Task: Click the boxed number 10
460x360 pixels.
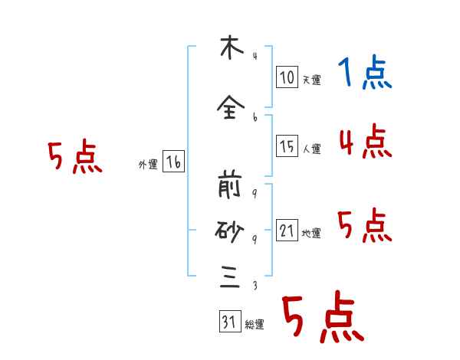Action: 287,77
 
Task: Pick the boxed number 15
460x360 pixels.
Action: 287,147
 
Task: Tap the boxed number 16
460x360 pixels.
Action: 173,162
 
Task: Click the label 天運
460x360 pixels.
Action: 311,79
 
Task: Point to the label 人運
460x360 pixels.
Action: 311,149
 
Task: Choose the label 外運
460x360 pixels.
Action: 148,165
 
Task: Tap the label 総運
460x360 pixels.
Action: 255,325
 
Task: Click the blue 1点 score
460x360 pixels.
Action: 365,74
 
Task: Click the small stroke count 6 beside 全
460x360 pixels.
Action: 255,116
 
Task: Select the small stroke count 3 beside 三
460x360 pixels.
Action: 255,286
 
